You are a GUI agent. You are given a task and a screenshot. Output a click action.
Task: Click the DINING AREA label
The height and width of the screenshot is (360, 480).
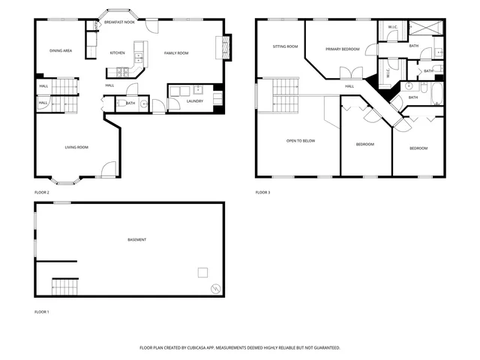click(61, 50)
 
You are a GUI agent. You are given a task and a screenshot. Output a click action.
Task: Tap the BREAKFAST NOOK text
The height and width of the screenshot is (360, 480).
click(119, 22)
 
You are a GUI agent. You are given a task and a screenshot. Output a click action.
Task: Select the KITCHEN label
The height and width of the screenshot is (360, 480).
click(118, 53)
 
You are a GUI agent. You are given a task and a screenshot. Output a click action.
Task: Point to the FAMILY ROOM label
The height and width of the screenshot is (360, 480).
click(176, 53)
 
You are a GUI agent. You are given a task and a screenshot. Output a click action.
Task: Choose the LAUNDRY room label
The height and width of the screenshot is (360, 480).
click(194, 100)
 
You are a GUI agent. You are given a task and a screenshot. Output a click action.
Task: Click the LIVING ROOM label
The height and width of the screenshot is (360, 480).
click(76, 147)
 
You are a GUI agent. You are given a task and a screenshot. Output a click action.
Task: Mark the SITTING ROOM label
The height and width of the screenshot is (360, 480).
click(285, 46)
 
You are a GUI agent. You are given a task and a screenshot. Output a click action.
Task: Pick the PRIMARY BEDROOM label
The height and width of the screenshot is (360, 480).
click(343, 49)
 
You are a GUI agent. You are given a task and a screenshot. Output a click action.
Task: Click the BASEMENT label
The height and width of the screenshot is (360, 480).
click(136, 240)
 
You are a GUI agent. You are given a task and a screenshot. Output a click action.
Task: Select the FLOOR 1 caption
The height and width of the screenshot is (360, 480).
click(42, 311)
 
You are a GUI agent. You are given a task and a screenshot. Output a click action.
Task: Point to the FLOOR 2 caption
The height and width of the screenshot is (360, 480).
click(42, 193)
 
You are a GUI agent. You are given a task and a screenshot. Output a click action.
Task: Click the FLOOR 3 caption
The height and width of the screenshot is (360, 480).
click(262, 193)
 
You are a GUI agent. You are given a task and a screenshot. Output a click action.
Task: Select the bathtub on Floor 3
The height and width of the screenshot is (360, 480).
click(431, 93)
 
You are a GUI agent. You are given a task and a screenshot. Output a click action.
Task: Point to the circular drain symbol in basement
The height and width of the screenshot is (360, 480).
click(215, 287)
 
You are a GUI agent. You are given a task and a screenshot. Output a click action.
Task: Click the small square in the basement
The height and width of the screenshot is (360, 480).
click(202, 271)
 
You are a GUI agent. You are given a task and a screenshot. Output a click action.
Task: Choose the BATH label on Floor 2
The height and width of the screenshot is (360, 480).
click(130, 103)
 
